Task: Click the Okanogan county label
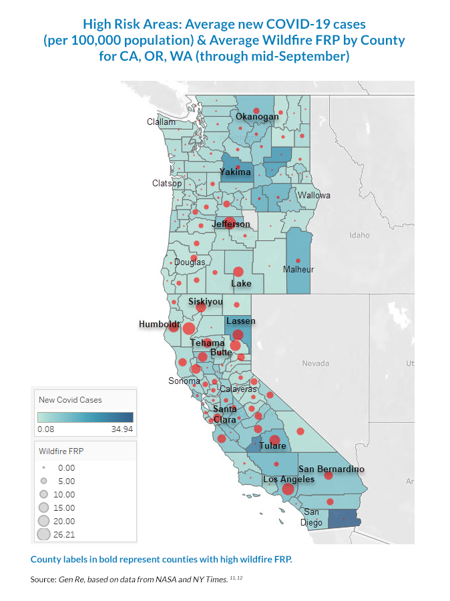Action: click(257, 117)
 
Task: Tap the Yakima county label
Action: click(236, 172)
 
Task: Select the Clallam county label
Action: click(162, 122)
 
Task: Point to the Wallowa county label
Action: click(314, 196)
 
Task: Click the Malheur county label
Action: click(298, 270)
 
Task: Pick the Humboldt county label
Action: click(160, 325)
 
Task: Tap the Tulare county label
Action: click(273, 446)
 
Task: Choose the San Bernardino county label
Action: click(331, 469)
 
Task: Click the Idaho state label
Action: click(359, 235)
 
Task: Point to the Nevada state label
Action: click(316, 364)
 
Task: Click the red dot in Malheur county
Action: click(298, 260)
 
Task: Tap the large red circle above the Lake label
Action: click(238, 272)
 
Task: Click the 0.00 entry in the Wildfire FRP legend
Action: click(67, 468)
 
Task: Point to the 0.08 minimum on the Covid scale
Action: click(47, 429)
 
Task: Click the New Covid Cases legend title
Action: click(70, 400)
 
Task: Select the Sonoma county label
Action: click(184, 381)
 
